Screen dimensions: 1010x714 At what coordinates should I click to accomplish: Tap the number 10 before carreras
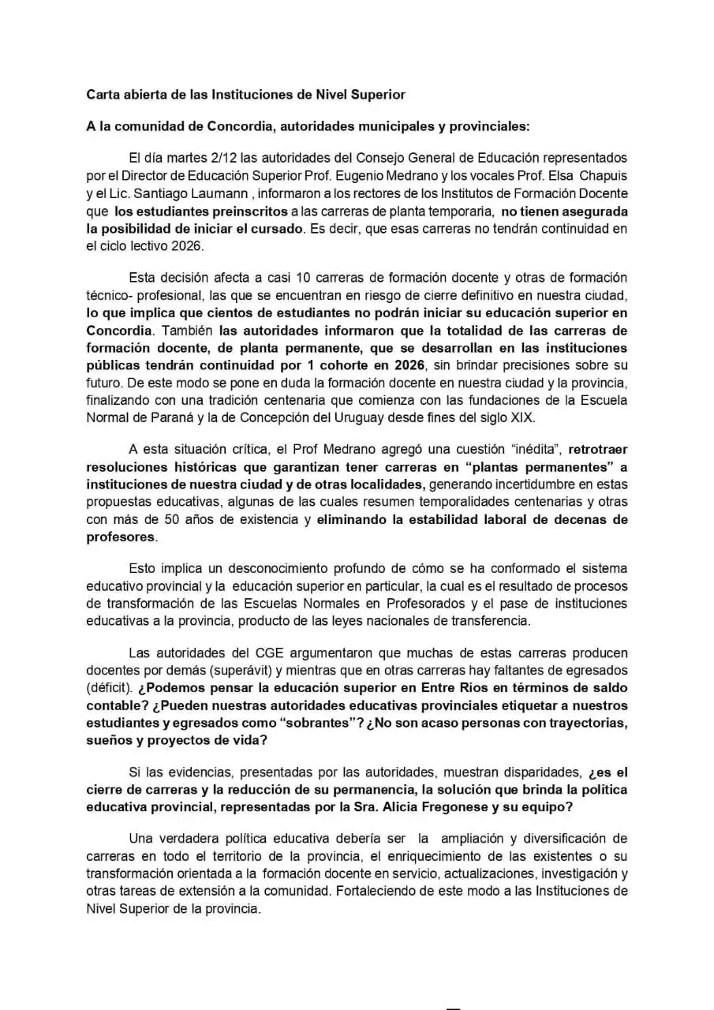pos(303,278)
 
